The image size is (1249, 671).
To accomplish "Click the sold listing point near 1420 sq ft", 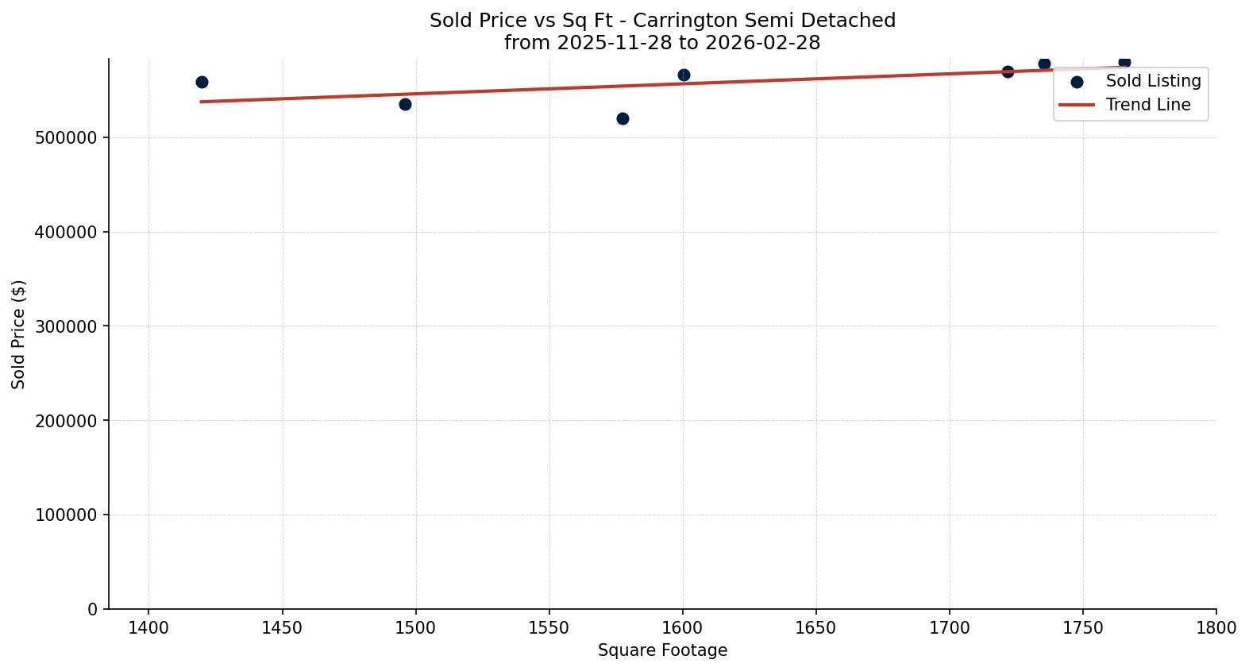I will pos(202,83).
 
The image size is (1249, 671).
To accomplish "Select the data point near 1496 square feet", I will pos(405,104).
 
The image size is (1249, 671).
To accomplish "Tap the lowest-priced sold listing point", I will pos(623,118).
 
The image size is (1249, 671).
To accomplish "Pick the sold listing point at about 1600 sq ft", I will pos(684,75).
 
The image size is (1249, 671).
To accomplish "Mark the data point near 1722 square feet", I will pos(1008,71).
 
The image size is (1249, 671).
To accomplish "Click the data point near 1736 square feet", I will pos(1044,64).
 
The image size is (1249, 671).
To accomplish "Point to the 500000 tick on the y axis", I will pos(66,138).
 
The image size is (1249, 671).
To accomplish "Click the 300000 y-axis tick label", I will pos(66,326).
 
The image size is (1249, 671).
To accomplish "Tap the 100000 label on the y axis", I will pos(66,515).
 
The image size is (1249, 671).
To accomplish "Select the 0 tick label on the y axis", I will pos(93,609).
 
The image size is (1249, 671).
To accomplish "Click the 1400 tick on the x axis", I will pos(148,628).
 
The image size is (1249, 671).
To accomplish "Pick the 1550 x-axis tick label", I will pos(549,628).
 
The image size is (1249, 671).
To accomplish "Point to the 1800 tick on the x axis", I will pos(1216,628).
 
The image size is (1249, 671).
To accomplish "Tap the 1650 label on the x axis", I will pos(815,628).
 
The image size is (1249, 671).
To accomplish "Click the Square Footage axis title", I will pos(662,650).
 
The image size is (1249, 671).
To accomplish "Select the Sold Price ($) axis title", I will pos(19,334).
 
